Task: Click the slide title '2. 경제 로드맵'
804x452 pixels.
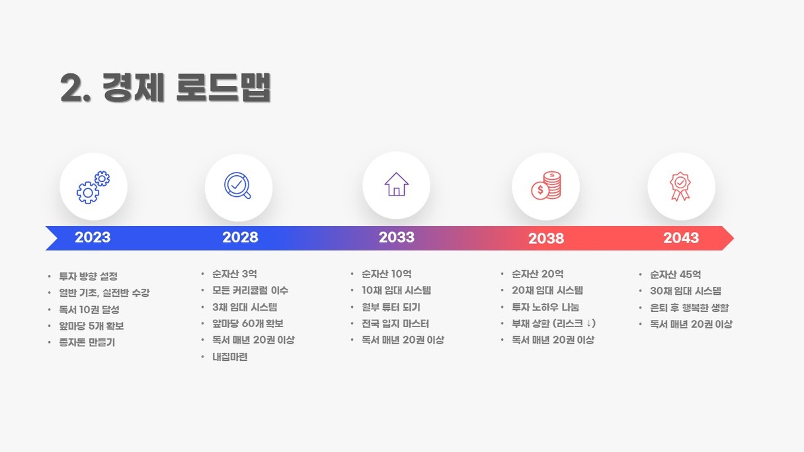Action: click(165, 88)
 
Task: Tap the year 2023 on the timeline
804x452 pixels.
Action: click(93, 237)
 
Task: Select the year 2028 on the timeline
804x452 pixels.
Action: click(240, 237)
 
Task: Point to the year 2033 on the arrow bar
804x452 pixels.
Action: click(397, 237)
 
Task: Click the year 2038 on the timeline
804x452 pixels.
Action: click(546, 238)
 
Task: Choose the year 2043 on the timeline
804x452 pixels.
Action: click(681, 237)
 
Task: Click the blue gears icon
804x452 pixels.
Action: click(93, 187)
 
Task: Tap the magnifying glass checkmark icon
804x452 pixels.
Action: click(237, 186)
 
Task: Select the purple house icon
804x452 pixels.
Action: click(396, 184)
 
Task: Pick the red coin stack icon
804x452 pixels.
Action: click(546, 185)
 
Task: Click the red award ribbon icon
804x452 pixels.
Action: click(680, 186)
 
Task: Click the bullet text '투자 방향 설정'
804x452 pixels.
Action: click(89, 276)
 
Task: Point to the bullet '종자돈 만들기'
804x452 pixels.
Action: click(87, 342)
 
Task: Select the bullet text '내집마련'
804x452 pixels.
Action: click(229, 357)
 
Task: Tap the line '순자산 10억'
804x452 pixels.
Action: click(387, 274)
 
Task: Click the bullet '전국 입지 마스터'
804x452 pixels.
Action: click(395, 324)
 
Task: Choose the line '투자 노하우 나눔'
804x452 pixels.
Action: click(545, 307)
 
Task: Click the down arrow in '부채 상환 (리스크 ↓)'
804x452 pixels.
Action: click(588, 324)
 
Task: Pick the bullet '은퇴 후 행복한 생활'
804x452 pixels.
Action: click(690, 308)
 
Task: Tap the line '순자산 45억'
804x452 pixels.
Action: click(676, 275)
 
